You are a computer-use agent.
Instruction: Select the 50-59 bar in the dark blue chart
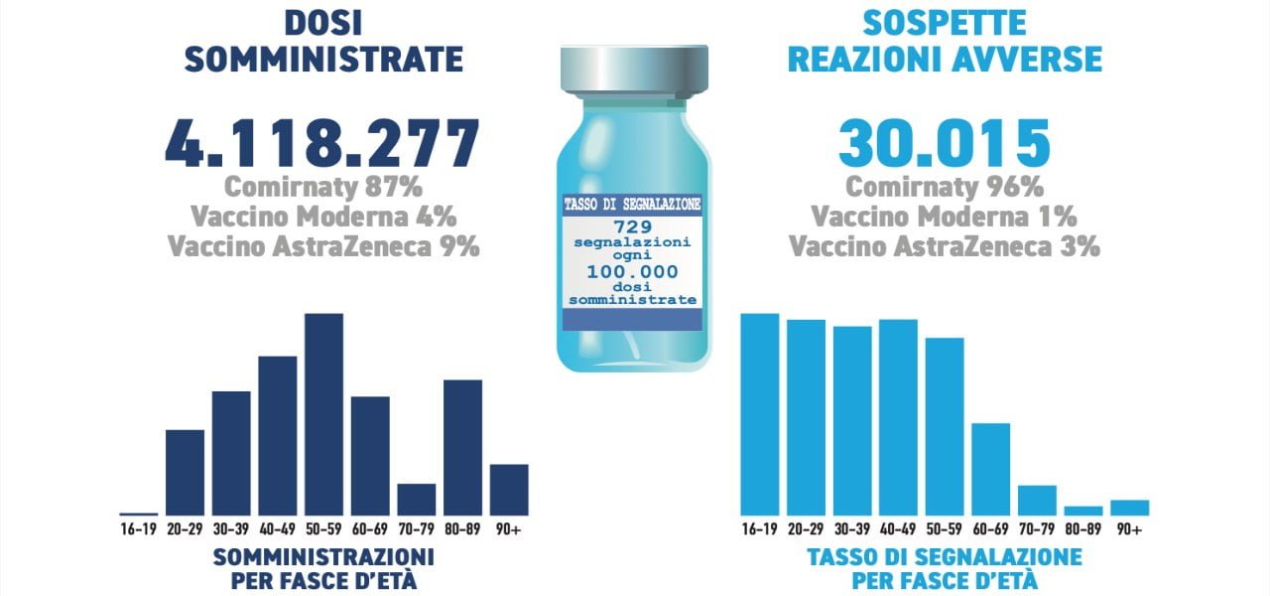323,414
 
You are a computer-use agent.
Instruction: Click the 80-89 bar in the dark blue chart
462,447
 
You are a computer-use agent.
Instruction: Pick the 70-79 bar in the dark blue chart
417,499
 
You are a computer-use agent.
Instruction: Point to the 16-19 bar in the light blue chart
759,414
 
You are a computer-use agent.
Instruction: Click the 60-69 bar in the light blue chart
990,469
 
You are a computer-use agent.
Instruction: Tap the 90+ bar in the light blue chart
1129,507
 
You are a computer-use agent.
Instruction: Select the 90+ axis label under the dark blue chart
509,529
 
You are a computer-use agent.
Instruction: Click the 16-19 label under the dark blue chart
138,529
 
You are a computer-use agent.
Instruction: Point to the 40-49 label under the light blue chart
898,529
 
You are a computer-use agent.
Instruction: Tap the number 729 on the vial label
633,226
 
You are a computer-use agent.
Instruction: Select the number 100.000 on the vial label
633,270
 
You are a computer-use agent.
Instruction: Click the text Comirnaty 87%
322,187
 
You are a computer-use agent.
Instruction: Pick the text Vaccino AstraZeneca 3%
944,245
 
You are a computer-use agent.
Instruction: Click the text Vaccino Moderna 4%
322,217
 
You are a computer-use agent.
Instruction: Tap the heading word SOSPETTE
944,23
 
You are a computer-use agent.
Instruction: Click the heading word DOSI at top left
322,23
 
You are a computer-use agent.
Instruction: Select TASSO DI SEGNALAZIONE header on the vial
633,204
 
